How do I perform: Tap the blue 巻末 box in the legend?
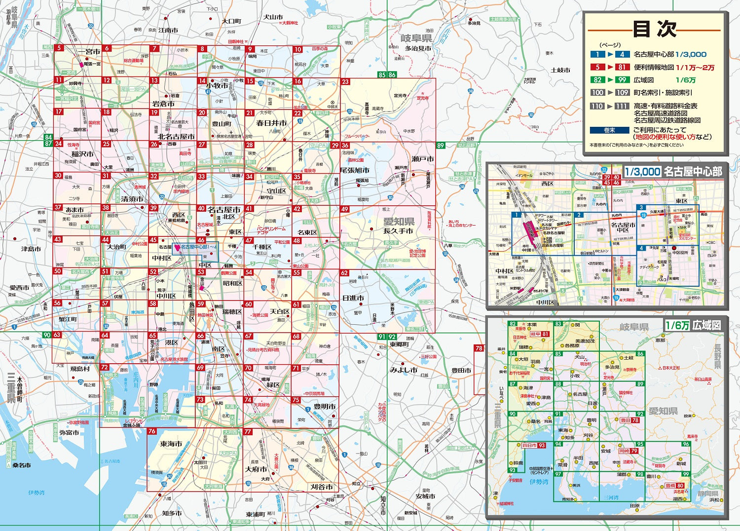pyautogui.click(x=609, y=130)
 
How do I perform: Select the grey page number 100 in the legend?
pyautogui.click(x=597, y=92)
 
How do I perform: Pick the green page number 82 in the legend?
pyautogui.click(x=597, y=80)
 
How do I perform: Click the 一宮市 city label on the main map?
pyautogui.click(x=89, y=51)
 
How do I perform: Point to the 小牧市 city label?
pyautogui.click(x=217, y=86)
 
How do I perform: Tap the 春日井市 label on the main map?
pyautogui.click(x=271, y=123)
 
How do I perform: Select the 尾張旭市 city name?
pyautogui.click(x=355, y=170)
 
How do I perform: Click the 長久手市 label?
pyautogui.click(x=399, y=230)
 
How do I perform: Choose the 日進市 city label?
pyautogui.click(x=353, y=298)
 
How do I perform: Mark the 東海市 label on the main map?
pyautogui.click(x=171, y=444)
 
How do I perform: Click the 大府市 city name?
pyautogui.click(x=256, y=469)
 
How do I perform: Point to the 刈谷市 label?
pyautogui.click(x=322, y=487)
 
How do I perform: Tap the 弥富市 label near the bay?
pyautogui.click(x=69, y=432)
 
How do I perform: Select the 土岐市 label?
pyautogui.click(x=560, y=70)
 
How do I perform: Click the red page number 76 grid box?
pyautogui.click(x=152, y=431)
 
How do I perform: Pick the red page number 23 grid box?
pyautogui.click(x=345, y=82)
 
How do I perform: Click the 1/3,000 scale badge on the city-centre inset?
pyautogui.click(x=642, y=171)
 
